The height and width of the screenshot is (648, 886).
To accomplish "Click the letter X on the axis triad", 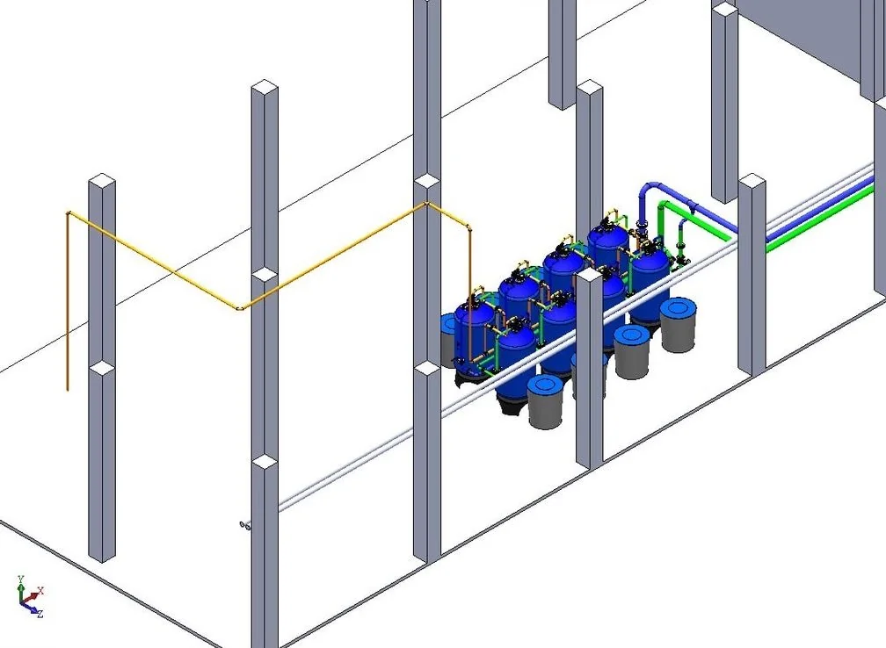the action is click(x=40, y=590).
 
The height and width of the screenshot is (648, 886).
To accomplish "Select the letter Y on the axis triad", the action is click(x=20, y=580).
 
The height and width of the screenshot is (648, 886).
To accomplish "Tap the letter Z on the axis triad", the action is click(x=40, y=614).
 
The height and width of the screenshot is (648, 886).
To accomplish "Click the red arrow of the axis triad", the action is click(x=31, y=597).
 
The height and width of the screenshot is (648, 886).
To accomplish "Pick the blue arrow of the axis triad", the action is click(x=29, y=608).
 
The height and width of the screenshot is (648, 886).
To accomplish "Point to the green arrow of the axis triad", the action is click(x=21, y=593).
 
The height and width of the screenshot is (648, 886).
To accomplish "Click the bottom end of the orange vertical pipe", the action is click(x=68, y=389).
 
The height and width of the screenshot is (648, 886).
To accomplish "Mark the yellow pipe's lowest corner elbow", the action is click(x=240, y=307).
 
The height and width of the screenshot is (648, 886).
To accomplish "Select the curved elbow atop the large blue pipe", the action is click(x=650, y=187).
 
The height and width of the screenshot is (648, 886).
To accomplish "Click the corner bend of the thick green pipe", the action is click(x=664, y=206).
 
